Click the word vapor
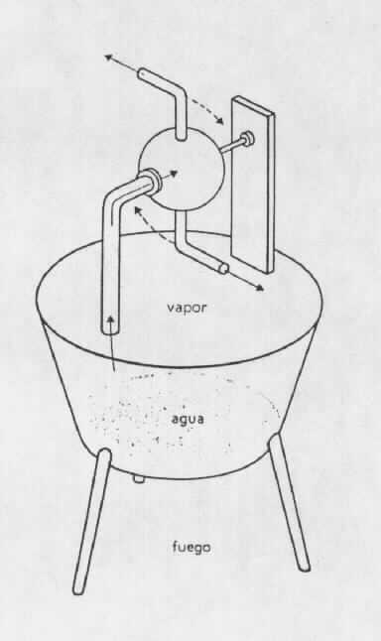click(187, 308)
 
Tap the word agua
click(188, 420)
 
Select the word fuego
click(191, 547)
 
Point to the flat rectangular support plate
click(253, 184)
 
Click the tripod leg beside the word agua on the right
click(289, 502)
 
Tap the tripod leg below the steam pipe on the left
click(92, 521)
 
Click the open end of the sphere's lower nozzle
click(223, 268)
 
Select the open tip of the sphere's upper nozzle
click(142, 74)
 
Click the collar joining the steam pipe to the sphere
click(153, 179)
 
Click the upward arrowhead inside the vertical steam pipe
click(111, 319)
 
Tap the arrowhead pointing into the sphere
click(175, 173)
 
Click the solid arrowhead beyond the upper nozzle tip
click(108, 58)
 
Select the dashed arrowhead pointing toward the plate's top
click(220, 121)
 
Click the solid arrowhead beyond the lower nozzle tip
click(260, 288)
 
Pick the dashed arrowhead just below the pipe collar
click(138, 209)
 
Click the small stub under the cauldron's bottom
click(139, 479)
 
